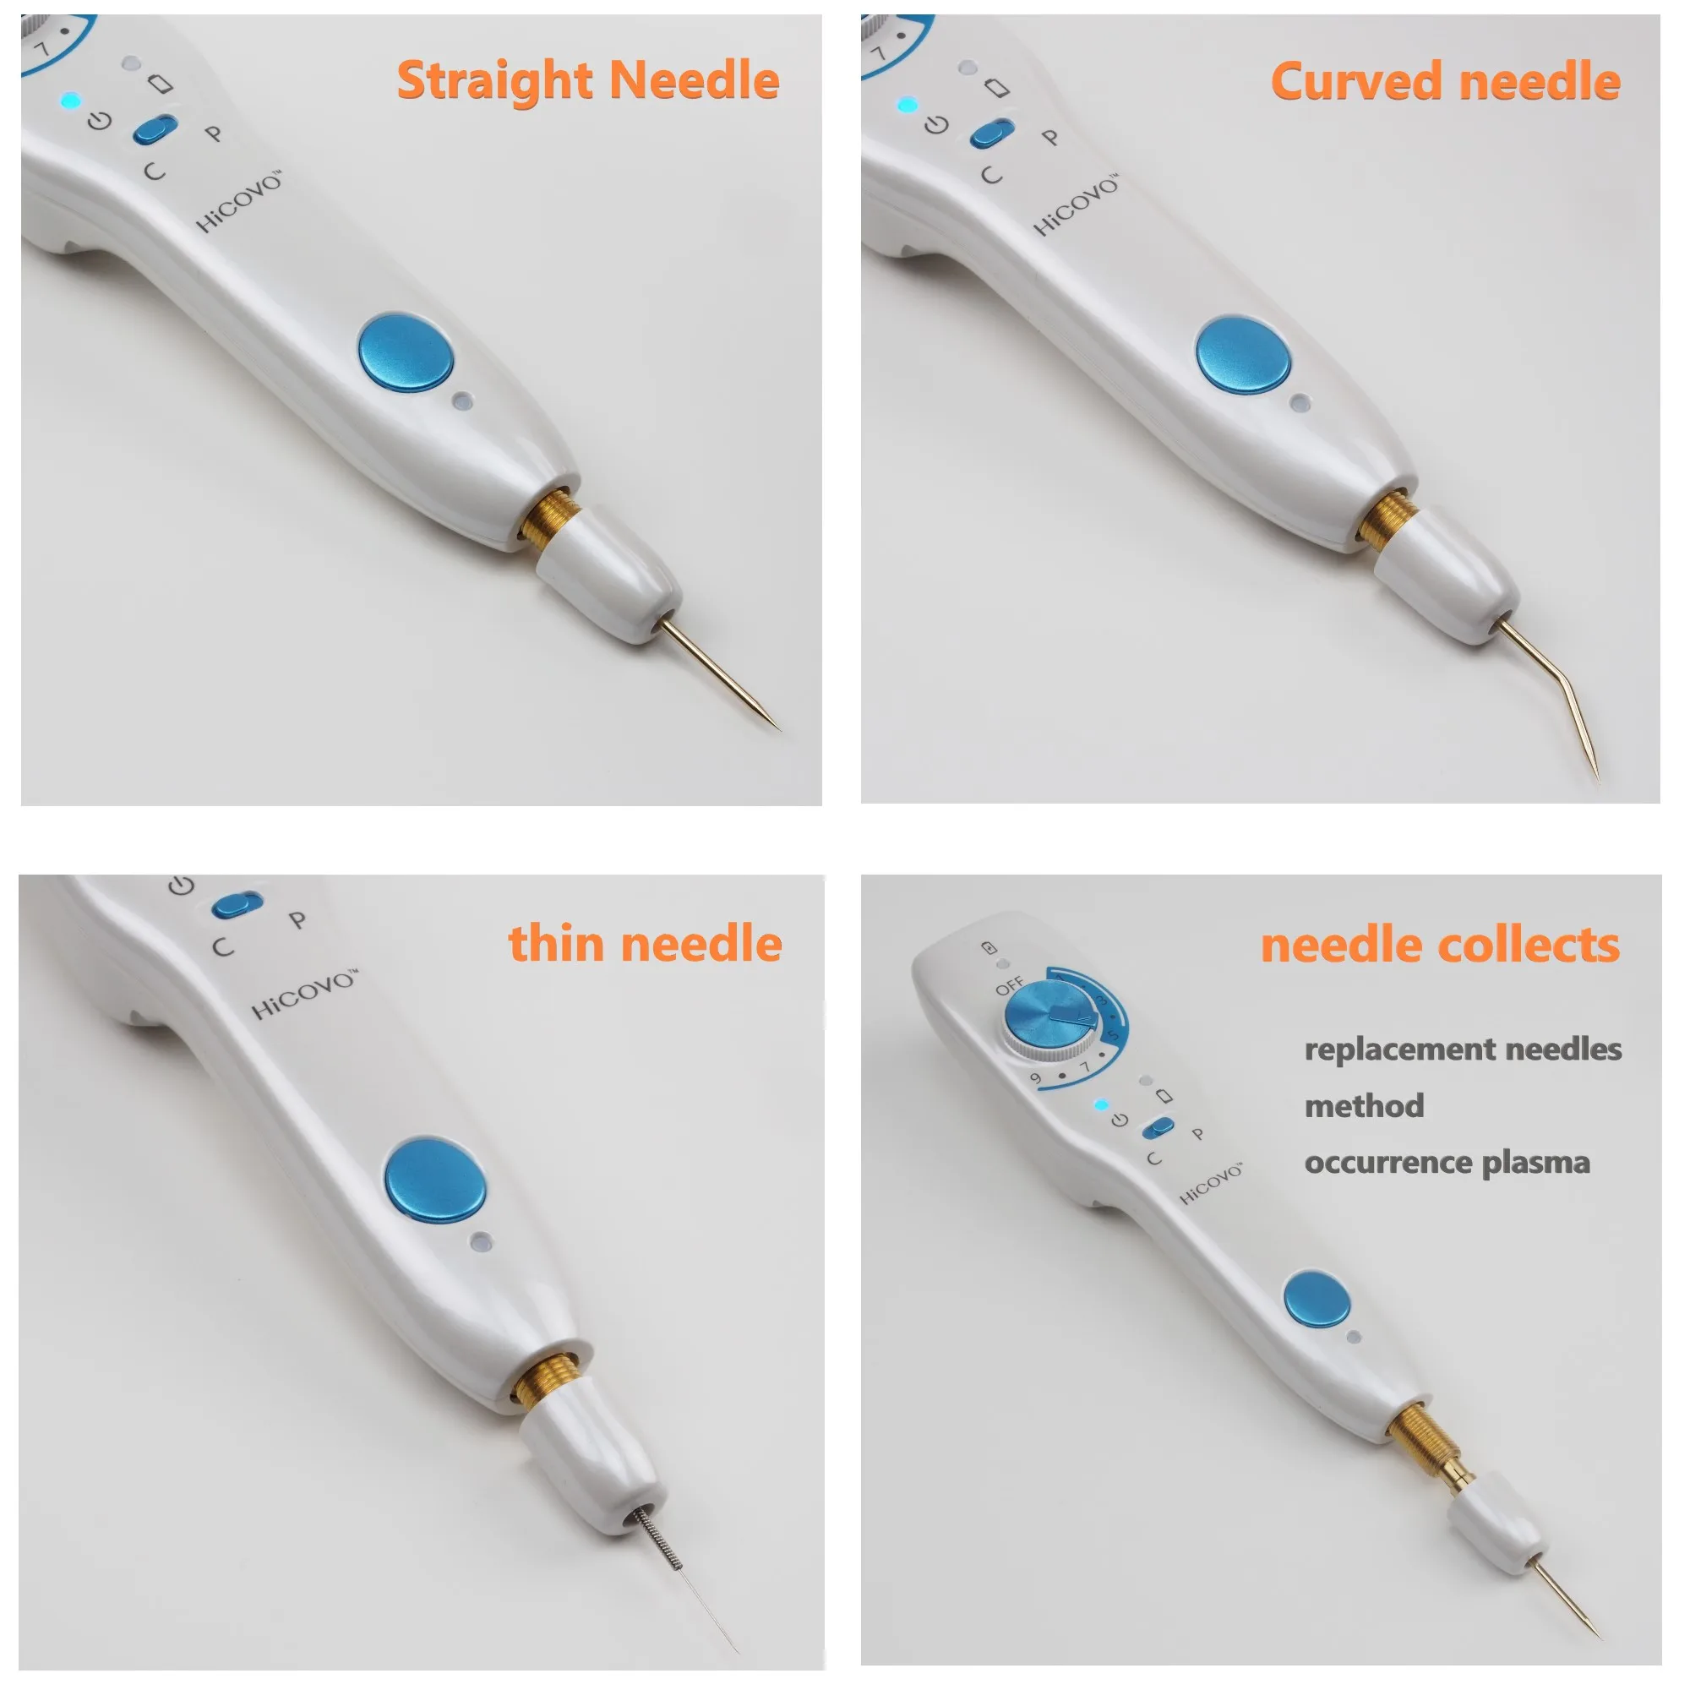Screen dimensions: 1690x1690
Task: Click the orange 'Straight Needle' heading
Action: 588,81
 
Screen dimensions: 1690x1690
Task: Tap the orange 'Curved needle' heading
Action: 1444,82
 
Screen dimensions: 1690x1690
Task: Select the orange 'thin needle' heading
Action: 645,944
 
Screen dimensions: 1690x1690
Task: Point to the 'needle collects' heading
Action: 1439,946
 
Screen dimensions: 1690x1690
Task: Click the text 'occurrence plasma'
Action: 1446,1164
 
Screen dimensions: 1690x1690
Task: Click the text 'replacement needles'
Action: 1463,1049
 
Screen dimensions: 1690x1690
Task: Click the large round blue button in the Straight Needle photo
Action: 406,352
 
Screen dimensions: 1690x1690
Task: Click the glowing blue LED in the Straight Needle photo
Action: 70,101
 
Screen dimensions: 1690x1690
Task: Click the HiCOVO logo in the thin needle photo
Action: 304,995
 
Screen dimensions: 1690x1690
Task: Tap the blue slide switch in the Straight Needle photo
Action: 155,129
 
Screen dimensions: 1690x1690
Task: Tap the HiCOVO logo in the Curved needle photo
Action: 1076,206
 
